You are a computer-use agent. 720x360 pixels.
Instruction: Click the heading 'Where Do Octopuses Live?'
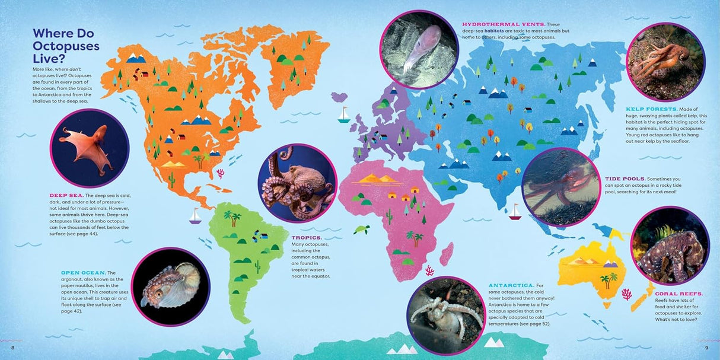click(66, 46)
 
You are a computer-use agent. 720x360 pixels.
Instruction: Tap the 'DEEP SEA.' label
click(65, 195)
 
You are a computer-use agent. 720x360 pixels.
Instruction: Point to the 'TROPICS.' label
click(305, 237)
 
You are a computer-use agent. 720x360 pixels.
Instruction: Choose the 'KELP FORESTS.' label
click(651, 109)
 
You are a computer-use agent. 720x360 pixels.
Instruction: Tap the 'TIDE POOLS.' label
click(625, 179)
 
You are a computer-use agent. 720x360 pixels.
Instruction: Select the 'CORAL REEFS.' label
click(678, 294)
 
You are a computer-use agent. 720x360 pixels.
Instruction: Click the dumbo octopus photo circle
click(90, 148)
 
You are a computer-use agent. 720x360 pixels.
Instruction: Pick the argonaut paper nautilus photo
click(170, 286)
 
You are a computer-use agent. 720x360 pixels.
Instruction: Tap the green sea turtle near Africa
click(362, 229)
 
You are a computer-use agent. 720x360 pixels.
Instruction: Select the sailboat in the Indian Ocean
click(515, 212)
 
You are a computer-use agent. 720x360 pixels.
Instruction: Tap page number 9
click(706, 347)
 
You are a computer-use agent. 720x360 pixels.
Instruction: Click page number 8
click(13, 347)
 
